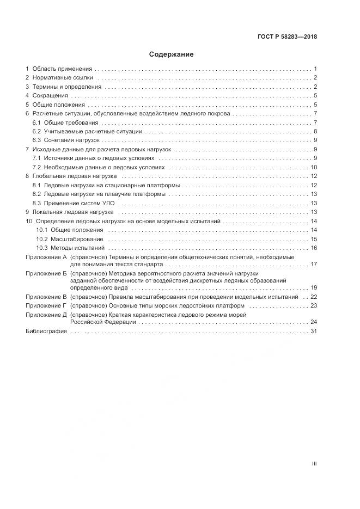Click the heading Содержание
pos(172,54)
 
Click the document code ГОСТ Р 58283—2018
pos(288,37)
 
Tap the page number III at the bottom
pos(314,464)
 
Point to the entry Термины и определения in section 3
pos(66,87)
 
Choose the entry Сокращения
pos(50,96)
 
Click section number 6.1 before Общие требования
pos(36,122)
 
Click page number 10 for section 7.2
pos(314,167)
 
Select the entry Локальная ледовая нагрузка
pos(72,212)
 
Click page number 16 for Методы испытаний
pos(314,248)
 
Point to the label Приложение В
pos(46,297)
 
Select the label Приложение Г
pos(46,306)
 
